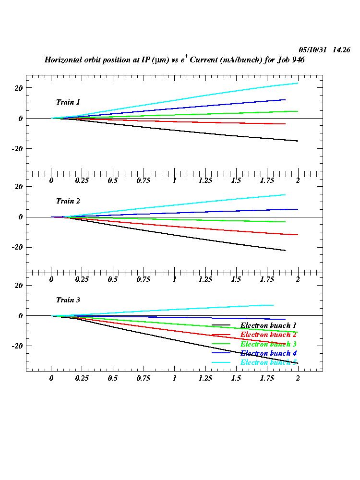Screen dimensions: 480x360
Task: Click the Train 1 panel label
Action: click(68, 102)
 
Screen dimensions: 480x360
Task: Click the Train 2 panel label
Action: click(68, 201)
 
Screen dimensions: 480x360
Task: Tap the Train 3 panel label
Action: click(68, 300)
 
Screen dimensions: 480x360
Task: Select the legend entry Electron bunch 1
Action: click(268, 325)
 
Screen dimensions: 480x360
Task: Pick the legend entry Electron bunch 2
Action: click(268, 335)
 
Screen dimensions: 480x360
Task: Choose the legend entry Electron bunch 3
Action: click(268, 344)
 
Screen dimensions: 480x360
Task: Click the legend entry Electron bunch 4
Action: click(268, 353)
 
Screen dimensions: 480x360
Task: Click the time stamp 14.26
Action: click(341, 50)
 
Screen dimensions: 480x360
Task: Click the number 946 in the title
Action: click(298, 60)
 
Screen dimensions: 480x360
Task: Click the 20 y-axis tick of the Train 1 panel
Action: click(19, 88)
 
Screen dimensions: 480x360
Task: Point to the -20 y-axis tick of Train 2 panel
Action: click(18, 247)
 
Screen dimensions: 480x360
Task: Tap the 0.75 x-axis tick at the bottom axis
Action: click(144, 378)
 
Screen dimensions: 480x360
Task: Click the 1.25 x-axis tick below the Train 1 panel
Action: click(205, 180)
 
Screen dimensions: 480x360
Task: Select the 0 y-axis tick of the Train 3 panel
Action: click(21, 316)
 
